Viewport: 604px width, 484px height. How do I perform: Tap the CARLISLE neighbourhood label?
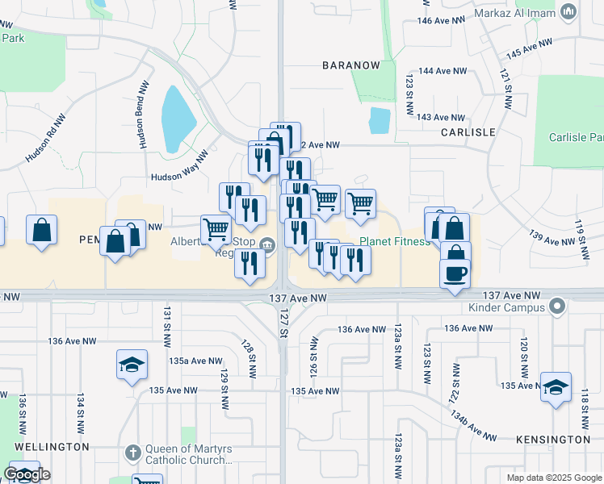tap(467, 131)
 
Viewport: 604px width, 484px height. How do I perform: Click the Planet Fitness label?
tap(395, 241)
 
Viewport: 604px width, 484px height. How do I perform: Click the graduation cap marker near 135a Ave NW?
tap(132, 365)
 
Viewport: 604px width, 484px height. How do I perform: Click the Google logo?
tap(27, 474)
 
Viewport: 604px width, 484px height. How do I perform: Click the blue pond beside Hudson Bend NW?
tap(178, 119)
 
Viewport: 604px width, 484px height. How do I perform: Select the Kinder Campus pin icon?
tap(555, 307)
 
